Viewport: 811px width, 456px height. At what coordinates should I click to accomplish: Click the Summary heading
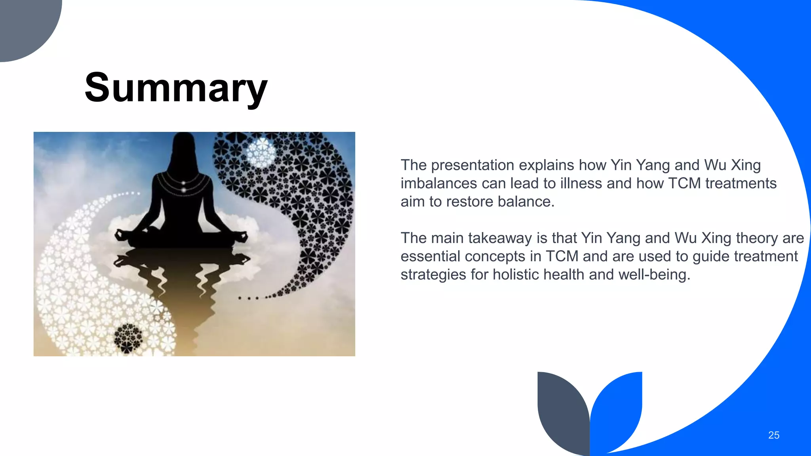pos(176,88)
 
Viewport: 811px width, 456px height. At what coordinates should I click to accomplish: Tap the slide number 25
pos(773,435)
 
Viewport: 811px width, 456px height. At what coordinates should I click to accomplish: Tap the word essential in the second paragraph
pos(430,256)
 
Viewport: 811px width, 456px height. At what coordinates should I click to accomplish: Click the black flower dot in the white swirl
pos(128,337)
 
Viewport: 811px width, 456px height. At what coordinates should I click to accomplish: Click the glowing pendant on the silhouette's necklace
pos(183,182)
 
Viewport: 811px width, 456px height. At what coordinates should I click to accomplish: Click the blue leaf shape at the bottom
pos(618,408)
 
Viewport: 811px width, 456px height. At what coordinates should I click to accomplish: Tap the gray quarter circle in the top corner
pos(24,24)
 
